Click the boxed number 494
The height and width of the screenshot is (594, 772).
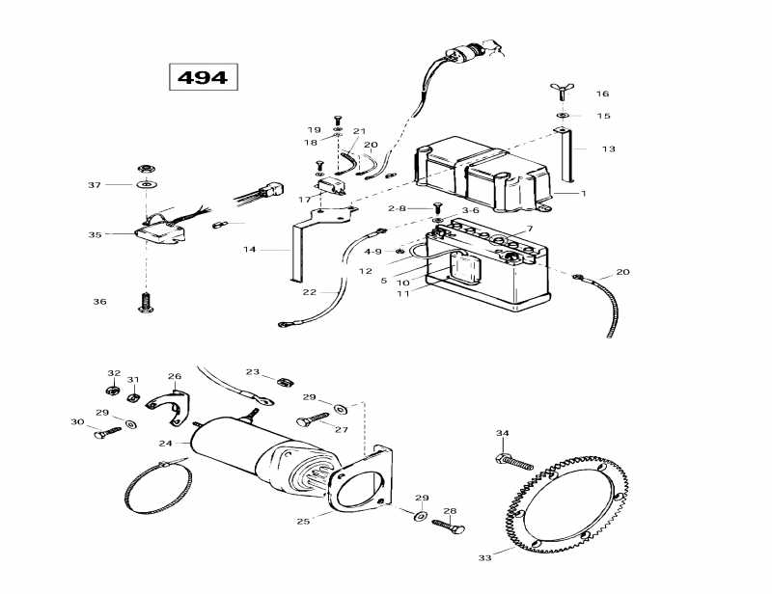click(203, 77)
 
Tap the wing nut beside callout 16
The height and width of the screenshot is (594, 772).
click(561, 93)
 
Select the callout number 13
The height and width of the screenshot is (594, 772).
click(608, 149)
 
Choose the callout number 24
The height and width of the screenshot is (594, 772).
click(165, 444)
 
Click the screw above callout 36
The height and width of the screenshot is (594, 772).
click(146, 302)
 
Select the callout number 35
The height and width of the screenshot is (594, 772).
click(95, 234)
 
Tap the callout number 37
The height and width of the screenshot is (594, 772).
click(95, 184)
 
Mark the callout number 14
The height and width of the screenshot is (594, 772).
click(250, 250)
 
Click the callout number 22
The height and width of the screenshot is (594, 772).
click(309, 292)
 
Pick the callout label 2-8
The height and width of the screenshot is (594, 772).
click(398, 208)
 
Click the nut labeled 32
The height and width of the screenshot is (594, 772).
click(112, 391)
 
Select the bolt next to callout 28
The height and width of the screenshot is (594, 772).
click(446, 526)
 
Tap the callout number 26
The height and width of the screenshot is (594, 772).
click(174, 376)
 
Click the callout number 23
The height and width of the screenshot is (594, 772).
click(253, 371)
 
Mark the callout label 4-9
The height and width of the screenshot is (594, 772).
click(372, 252)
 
